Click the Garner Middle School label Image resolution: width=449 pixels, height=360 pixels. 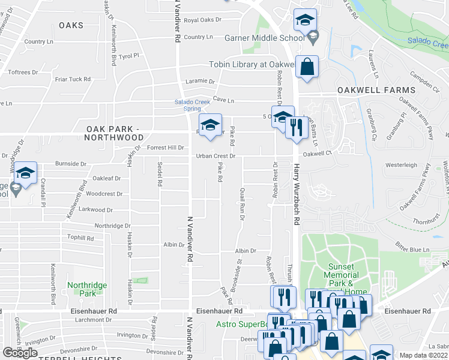pos(264,38)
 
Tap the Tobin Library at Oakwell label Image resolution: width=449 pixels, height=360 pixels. pos(251,65)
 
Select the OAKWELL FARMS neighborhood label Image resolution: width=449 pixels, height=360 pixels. pos(376,90)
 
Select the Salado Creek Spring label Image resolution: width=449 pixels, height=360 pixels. pos(192,105)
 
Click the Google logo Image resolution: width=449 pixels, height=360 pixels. pos(20,353)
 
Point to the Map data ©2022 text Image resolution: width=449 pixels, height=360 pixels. pos(424,355)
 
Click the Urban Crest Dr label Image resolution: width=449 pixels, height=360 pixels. pos(215,156)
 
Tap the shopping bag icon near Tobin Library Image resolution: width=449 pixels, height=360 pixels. pos(307,68)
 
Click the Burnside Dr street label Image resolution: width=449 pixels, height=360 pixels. pos(71,163)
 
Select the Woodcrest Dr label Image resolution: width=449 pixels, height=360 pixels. pos(104,194)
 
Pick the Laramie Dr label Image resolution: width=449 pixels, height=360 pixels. pos(200,81)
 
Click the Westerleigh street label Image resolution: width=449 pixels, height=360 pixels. pos(400,164)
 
